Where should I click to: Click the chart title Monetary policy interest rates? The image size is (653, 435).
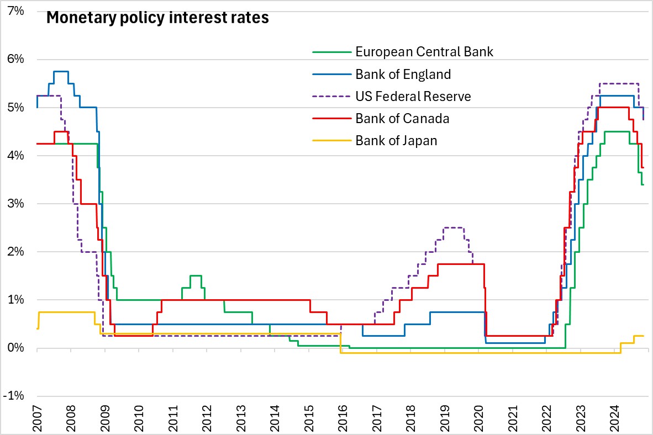(157, 18)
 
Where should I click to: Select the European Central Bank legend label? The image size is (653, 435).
(424, 52)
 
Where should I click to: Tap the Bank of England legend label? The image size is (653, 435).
(403, 74)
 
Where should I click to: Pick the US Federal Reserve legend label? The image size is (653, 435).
(413, 96)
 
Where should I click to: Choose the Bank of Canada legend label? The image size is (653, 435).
(402, 118)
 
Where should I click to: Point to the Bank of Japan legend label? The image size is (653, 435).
(396, 140)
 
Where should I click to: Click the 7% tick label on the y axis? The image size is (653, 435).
(15, 11)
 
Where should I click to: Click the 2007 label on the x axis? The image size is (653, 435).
(37, 419)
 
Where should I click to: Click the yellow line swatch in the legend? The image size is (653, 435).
(331, 140)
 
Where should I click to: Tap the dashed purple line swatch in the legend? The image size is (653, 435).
(331, 96)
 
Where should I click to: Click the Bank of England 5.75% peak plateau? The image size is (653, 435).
(60, 71)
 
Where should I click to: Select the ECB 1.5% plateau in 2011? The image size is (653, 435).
(196, 275)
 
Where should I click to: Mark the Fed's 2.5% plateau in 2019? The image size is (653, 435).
(454, 227)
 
